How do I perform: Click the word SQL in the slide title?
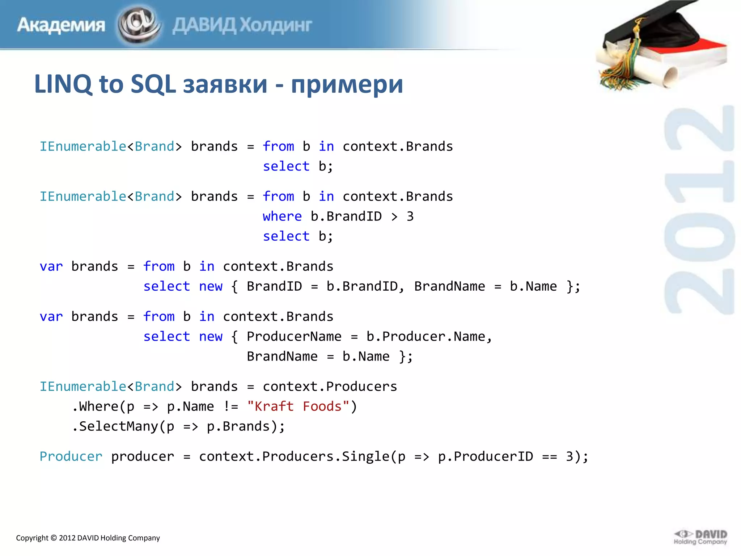point(153,84)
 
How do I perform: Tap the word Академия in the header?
point(61,25)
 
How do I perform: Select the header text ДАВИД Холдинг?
point(242,25)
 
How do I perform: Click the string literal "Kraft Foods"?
point(298,407)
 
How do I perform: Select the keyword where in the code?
point(282,216)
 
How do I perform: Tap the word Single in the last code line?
point(365,456)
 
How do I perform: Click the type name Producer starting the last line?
point(71,456)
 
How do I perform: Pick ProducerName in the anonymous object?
point(294,337)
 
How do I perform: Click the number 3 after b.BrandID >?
point(410,216)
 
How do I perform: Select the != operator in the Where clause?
point(231,407)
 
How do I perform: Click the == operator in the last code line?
point(549,456)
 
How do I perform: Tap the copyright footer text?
point(88,538)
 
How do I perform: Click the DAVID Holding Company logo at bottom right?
point(700,537)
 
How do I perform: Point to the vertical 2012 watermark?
point(699,210)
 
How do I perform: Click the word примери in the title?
point(347,84)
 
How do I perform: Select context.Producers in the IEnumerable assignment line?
point(330,387)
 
